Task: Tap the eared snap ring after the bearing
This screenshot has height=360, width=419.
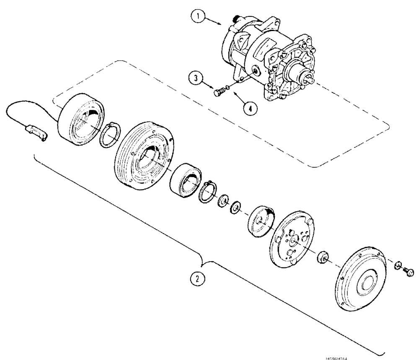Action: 208,191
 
